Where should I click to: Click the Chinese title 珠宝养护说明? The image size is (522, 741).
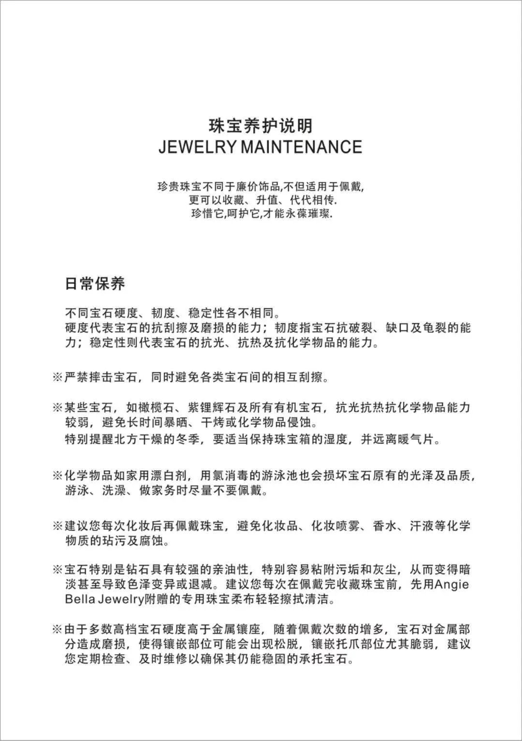click(261, 126)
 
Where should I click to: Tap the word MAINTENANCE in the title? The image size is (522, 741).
click(301, 147)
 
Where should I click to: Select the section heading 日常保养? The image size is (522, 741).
click(95, 283)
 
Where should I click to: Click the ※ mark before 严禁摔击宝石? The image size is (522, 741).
click(57, 377)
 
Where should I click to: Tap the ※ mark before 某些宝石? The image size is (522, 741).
click(57, 408)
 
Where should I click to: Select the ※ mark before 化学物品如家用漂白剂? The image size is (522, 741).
click(57, 475)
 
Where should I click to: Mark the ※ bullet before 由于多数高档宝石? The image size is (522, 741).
click(57, 629)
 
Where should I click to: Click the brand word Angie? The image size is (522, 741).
click(452, 584)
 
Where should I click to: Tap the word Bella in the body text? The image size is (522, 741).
click(79, 600)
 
